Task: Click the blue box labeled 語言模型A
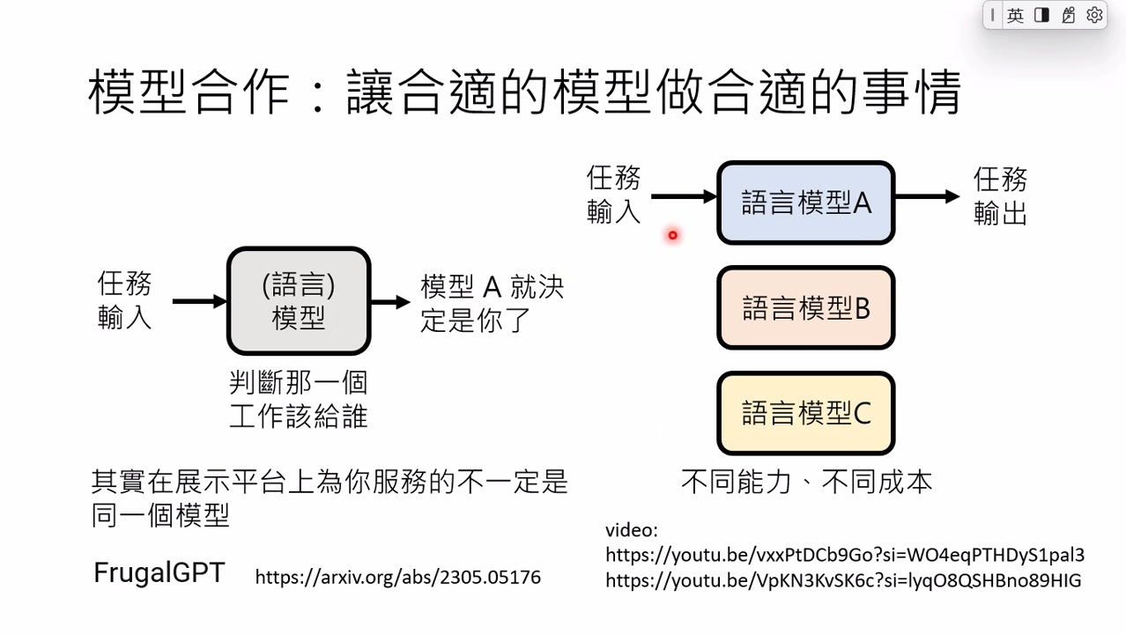coord(806,203)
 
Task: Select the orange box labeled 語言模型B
coord(806,308)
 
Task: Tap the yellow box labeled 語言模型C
coord(806,413)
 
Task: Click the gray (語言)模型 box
coord(299,301)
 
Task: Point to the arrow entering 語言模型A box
coord(684,197)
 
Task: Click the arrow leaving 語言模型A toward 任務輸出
coord(927,197)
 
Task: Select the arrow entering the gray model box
coord(200,302)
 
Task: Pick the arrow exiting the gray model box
coord(390,302)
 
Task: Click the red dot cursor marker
coord(672,235)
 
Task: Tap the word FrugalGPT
coord(159,573)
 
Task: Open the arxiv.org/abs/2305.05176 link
coord(397,578)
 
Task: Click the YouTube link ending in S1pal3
coord(844,555)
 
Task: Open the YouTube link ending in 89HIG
coord(843,580)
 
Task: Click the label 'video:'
coord(631,530)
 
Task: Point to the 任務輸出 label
coord(1000,197)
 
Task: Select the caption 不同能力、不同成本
coord(806,482)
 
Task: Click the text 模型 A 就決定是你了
coord(492,303)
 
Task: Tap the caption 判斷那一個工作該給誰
coord(298,399)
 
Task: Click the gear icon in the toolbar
coord(1094,15)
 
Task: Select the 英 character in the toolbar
coord(1016,15)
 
